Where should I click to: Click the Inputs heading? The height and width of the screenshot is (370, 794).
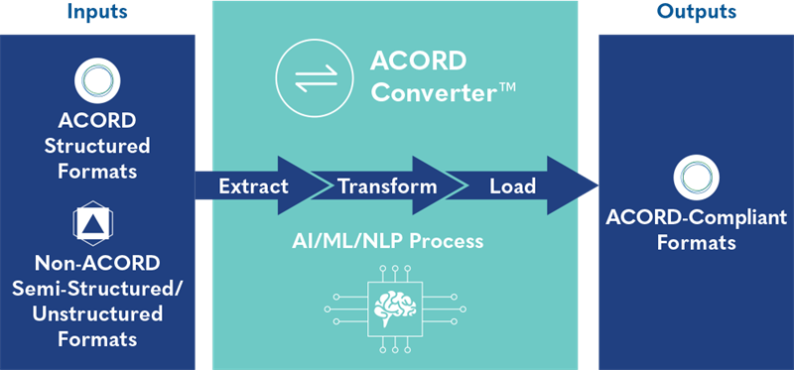point(97,13)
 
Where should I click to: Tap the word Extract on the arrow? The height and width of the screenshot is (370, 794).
point(253,185)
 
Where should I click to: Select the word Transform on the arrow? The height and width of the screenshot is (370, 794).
point(387,185)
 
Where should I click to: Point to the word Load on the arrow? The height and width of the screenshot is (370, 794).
point(512,185)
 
